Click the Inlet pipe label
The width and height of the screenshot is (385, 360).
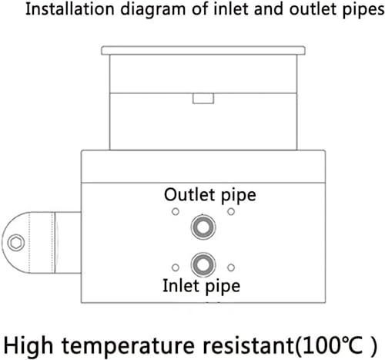[x=202, y=286]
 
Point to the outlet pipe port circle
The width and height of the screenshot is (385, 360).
[x=203, y=227]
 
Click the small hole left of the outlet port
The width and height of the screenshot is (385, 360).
[x=176, y=212]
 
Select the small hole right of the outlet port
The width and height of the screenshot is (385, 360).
[x=230, y=212]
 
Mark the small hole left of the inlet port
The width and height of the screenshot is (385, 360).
[x=176, y=267]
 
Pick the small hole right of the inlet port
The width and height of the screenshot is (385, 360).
[x=230, y=267]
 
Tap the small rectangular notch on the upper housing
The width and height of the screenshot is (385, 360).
[x=203, y=98]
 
